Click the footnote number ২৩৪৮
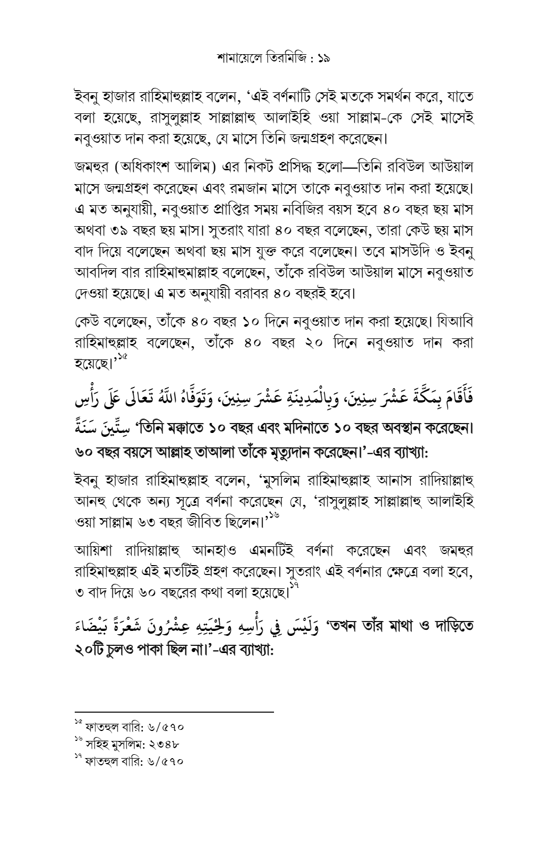point(164,744)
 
